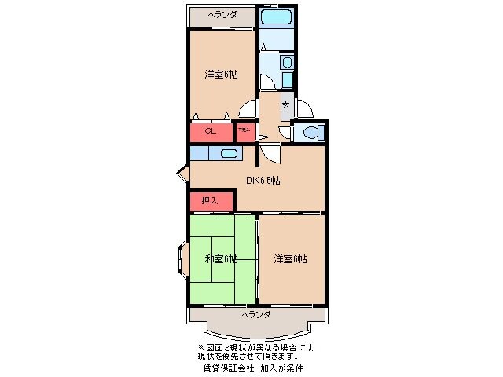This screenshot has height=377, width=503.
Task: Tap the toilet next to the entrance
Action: pyautogui.click(x=309, y=132)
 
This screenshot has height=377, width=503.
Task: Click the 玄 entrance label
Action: pyautogui.click(x=286, y=104)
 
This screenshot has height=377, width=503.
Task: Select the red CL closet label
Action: pyautogui.click(x=211, y=131)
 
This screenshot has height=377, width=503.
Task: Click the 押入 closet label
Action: pyautogui.click(x=211, y=201)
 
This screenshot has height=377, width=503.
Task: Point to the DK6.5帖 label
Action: pyautogui.click(x=263, y=181)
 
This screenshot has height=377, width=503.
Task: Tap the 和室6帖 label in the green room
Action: pyautogui.click(x=222, y=259)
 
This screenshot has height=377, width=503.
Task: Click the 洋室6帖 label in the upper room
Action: pyautogui.click(x=222, y=75)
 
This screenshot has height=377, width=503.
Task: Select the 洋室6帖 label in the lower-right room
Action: pyautogui.click(x=290, y=259)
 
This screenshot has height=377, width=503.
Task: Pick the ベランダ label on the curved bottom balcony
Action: pyautogui.click(x=256, y=314)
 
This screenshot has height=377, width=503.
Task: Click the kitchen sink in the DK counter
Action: pyautogui.click(x=229, y=154)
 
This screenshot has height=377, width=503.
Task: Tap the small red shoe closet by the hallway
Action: pyautogui.click(x=244, y=131)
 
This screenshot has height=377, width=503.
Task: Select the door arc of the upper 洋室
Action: pyautogui.click(x=248, y=109)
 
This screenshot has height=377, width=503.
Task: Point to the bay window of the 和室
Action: pyautogui.click(x=183, y=260)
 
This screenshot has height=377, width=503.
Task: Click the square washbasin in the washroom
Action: pyautogui.click(x=287, y=62)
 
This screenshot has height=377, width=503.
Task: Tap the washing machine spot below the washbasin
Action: pyautogui.click(x=287, y=80)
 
